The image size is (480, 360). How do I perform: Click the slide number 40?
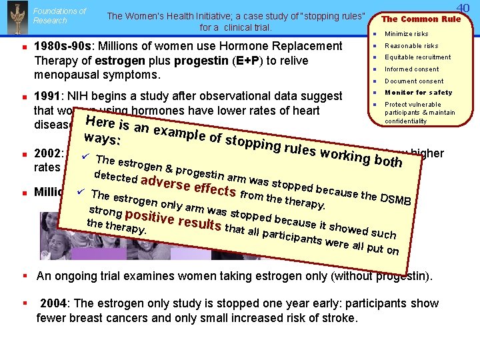[x=463, y=8]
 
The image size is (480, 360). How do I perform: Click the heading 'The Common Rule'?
[x=421, y=19]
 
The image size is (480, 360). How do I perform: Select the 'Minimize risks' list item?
[x=407, y=34]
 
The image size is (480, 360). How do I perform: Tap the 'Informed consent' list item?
[x=412, y=69]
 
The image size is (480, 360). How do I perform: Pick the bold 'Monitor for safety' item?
[x=418, y=93]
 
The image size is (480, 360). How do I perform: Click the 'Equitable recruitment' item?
[x=417, y=57]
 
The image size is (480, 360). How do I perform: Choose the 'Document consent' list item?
[x=414, y=81]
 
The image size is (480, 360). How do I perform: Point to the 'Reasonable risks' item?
[x=411, y=46]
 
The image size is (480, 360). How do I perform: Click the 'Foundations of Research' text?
[x=59, y=15]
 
